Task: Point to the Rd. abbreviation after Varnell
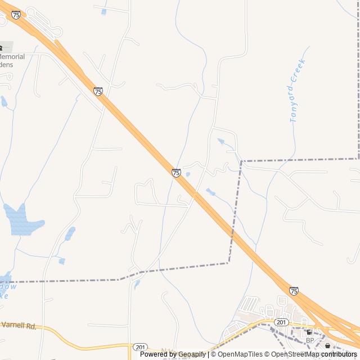point(31,326)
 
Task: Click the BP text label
point(310,340)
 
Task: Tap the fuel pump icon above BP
point(309,332)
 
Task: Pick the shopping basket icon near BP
point(328,345)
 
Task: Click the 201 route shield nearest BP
point(281,322)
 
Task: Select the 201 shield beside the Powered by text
point(140,348)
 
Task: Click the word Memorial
point(12,57)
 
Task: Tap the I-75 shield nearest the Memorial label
point(16,15)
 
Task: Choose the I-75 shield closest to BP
point(294,291)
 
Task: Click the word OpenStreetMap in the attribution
point(295,354)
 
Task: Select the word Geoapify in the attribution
point(192,354)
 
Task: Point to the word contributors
point(339,354)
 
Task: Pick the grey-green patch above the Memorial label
point(6,47)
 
